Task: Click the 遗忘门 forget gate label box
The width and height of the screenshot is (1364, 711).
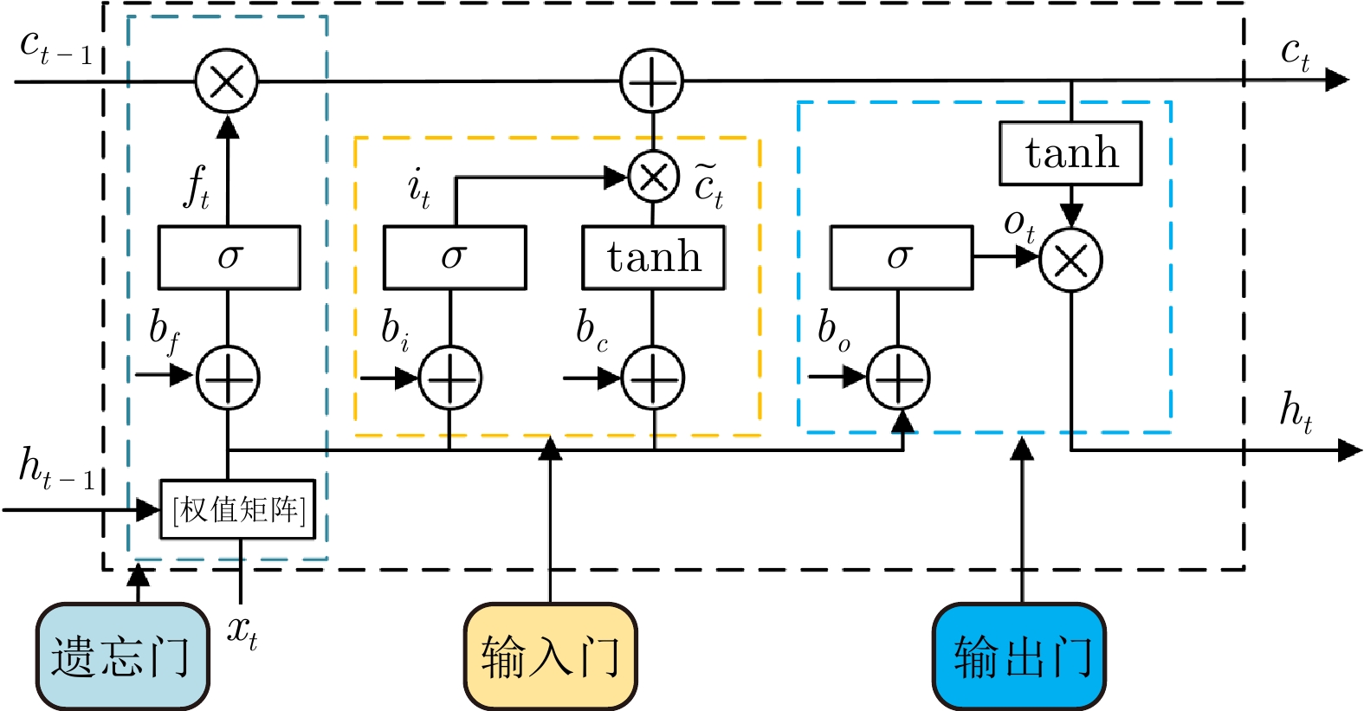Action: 122,656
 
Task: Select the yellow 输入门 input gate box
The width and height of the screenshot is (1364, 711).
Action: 551,656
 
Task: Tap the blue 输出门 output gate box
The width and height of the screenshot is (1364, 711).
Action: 1018,656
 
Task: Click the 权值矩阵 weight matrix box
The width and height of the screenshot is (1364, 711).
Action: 237,509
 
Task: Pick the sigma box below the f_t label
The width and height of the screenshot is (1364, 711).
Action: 229,257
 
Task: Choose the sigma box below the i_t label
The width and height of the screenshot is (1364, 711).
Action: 455,257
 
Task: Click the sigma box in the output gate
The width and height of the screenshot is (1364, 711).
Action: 902,257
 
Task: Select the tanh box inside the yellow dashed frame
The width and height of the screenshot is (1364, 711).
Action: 653,257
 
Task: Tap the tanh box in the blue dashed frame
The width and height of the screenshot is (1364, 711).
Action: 1070,153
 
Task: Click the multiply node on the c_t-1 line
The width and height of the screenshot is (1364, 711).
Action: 227,81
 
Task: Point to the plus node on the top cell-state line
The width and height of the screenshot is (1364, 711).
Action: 651,81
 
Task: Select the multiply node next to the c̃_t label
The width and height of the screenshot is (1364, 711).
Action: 653,178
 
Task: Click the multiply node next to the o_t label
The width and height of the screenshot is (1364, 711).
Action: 1070,260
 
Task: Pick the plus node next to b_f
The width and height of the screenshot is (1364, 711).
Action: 228,378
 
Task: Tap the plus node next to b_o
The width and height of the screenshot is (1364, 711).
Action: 898,378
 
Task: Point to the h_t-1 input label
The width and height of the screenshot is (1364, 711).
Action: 56,469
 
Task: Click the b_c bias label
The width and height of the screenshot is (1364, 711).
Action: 591,331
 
